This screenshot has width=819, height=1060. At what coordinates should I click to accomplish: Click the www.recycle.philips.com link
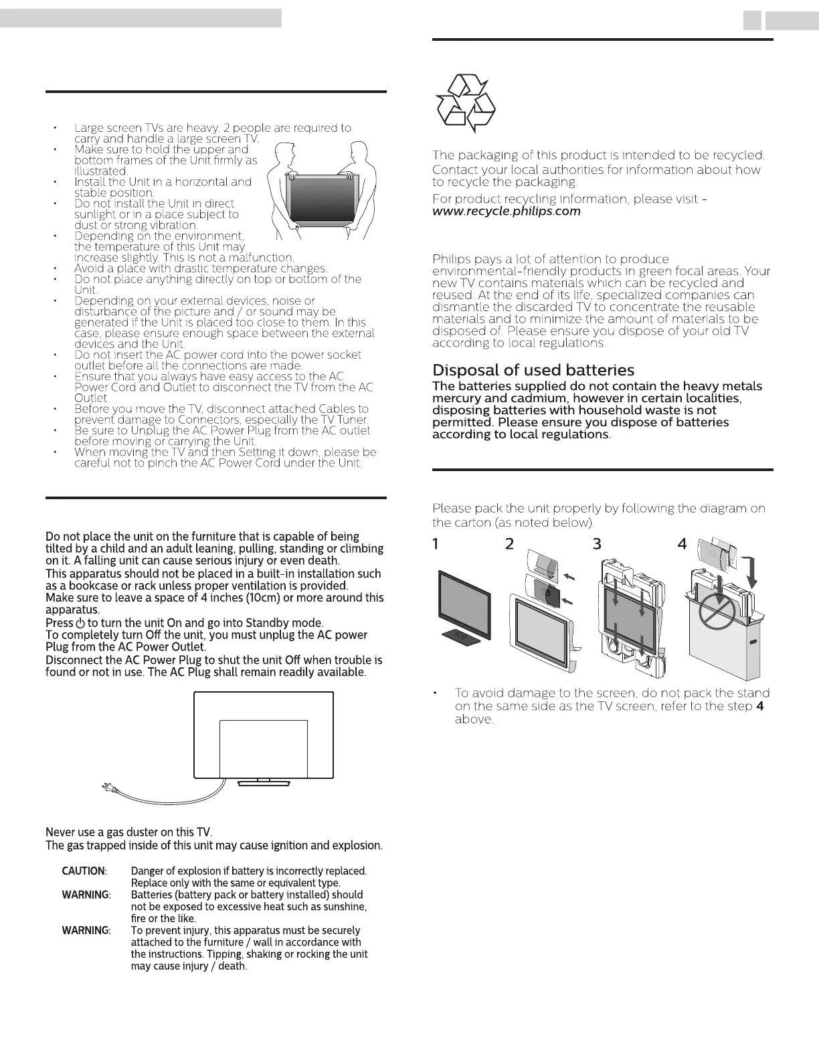tap(507, 211)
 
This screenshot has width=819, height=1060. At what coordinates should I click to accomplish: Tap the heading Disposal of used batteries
tap(533, 370)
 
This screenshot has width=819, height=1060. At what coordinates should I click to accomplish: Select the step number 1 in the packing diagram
tap(436, 544)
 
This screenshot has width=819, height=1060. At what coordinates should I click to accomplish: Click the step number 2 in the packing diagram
tap(510, 544)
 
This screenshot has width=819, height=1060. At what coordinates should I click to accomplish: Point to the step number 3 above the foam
tap(597, 544)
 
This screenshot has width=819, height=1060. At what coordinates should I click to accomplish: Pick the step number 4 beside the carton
tap(682, 544)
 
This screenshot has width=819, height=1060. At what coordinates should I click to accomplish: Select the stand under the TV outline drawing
tap(264, 781)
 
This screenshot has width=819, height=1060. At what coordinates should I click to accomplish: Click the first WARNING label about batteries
tap(86, 895)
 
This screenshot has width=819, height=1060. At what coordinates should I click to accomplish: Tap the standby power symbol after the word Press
tap(80, 623)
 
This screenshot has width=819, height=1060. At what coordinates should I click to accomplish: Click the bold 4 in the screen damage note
tap(759, 707)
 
